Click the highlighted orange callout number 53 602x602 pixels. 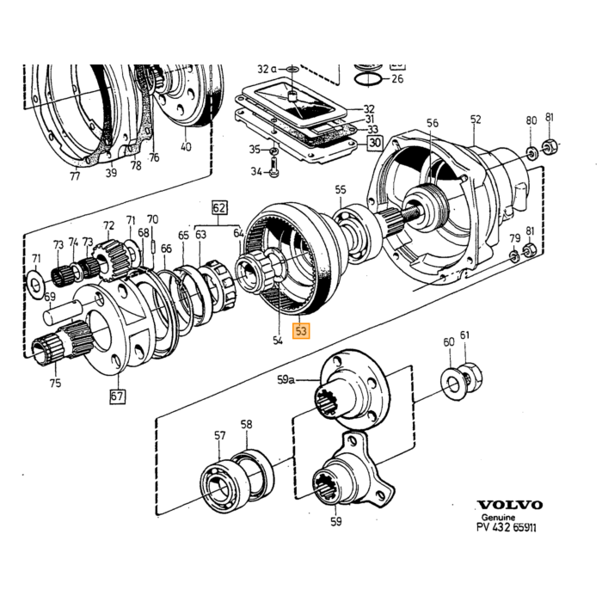pos(301,330)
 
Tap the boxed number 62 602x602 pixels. pos(219,208)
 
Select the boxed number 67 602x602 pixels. pos(118,396)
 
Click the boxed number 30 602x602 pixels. pos(375,143)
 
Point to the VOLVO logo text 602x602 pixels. pos(510,505)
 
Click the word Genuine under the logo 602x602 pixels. pos(498,517)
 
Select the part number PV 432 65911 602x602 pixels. pos(506,527)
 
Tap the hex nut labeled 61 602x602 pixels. pos(470,377)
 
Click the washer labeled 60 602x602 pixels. pos(452,384)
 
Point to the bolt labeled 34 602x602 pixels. pos(273,169)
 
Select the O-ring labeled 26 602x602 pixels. pos(367,80)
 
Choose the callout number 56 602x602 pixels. pos(433,123)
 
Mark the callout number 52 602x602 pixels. pos(476,120)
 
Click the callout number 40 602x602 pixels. pos(186,147)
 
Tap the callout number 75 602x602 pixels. pos(55,383)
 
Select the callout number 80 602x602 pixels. pos(531,120)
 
